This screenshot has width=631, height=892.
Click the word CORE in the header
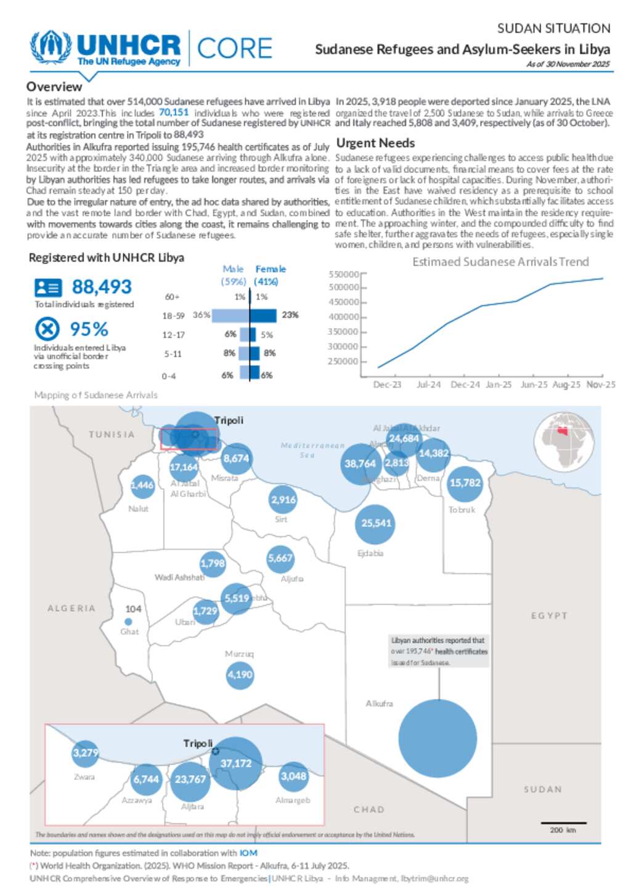[x=234, y=48]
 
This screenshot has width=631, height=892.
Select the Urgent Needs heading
[x=375, y=143]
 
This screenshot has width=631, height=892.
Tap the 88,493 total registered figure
[x=102, y=287]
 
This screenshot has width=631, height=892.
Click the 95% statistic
[x=89, y=329]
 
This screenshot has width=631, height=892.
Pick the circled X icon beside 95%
[x=47, y=329]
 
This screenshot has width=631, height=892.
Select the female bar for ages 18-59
[x=263, y=315]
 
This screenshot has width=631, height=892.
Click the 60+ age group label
[x=172, y=297]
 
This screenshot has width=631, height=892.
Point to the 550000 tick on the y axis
[x=344, y=275]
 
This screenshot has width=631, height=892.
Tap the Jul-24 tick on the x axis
[x=428, y=385]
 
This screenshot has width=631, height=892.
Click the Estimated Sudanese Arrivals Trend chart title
[x=500, y=262]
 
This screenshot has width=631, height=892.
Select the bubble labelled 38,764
[x=360, y=464]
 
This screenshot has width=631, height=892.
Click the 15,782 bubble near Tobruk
[x=465, y=483]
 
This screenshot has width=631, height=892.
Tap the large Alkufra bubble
[x=438, y=737]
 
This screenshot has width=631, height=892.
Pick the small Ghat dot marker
[x=128, y=622]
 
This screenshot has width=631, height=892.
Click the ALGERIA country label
[x=71, y=608]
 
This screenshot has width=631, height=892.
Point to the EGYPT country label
[x=549, y=616]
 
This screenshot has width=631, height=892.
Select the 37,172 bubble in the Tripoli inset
[x=235, y=763]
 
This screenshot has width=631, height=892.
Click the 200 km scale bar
[x=563, y=823]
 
